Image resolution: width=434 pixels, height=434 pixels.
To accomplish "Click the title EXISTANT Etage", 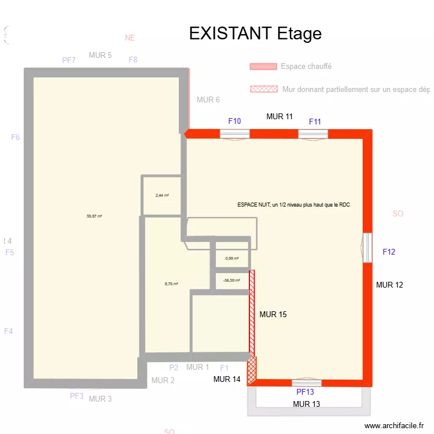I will tap(255, 34).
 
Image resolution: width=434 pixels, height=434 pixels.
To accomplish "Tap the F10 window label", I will tap(234, 121).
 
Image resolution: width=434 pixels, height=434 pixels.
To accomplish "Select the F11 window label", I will tap(315, 122).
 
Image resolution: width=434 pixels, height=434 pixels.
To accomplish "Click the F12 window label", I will tap(389, 252).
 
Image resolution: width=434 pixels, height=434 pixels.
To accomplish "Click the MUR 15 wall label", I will tap(273, 315).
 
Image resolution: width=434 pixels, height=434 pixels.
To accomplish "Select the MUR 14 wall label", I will tap(227, 380).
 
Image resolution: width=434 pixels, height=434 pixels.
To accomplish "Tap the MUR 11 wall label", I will tap(279, 116).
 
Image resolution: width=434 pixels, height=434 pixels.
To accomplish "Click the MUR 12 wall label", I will tap(389, 285).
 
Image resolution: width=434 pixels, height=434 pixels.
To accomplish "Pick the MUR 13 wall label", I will tap(306, 404).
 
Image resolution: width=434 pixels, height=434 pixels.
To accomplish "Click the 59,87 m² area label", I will tap(94, 216).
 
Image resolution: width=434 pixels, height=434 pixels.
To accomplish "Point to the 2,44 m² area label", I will tap(162, 196).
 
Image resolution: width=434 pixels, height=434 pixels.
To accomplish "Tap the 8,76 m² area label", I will tap(171, 284).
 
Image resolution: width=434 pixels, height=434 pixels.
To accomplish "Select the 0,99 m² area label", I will tap(232, 259).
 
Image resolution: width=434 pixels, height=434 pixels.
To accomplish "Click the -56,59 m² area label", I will tap(231, 281).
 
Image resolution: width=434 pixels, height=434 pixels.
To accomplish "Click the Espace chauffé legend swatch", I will tap(263, 67).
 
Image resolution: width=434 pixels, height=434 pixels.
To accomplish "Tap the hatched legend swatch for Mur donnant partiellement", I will tap(263, 89).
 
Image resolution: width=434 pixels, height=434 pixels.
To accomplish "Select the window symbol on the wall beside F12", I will tap(367, 248).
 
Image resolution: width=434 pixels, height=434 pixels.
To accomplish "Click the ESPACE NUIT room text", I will tap(294, 205).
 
